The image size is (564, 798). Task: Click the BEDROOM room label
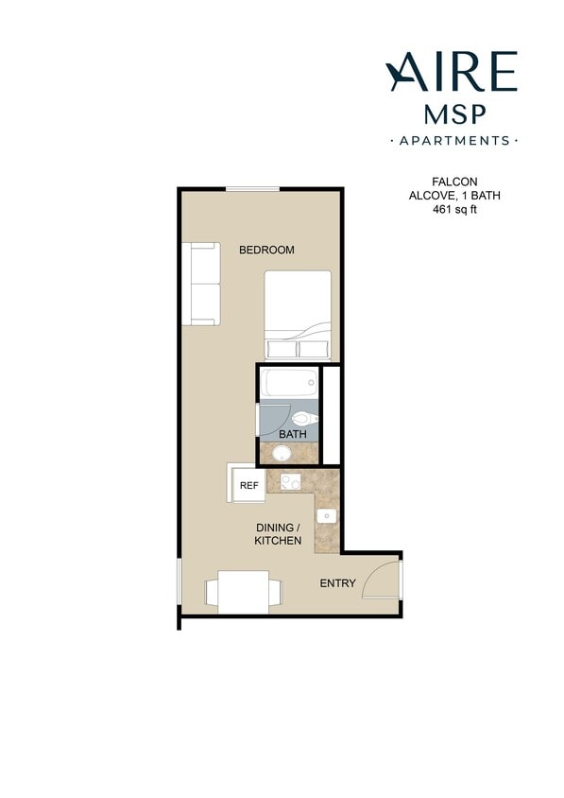pos(266,251)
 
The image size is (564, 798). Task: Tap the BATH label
pos(292,435)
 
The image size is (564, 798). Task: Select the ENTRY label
pos(337,583)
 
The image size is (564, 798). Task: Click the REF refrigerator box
pos(248,485)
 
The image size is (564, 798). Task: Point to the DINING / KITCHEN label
pos(278,534)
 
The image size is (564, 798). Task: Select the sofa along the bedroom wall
pos(203,284)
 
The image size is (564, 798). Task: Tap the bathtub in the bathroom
pos(290,383)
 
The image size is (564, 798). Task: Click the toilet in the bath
pos(305,417)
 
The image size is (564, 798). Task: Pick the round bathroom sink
pos(282,454)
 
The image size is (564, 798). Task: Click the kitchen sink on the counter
pos(326,516)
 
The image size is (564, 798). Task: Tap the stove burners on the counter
pos(289,482)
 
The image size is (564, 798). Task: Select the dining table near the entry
pos(244,591)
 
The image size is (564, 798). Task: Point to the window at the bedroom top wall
pos(252,190)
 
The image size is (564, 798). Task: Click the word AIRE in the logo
pos(452,72)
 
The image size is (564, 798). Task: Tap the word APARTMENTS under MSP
pos(453,141)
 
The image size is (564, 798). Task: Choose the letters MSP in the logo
pos(453,113)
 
